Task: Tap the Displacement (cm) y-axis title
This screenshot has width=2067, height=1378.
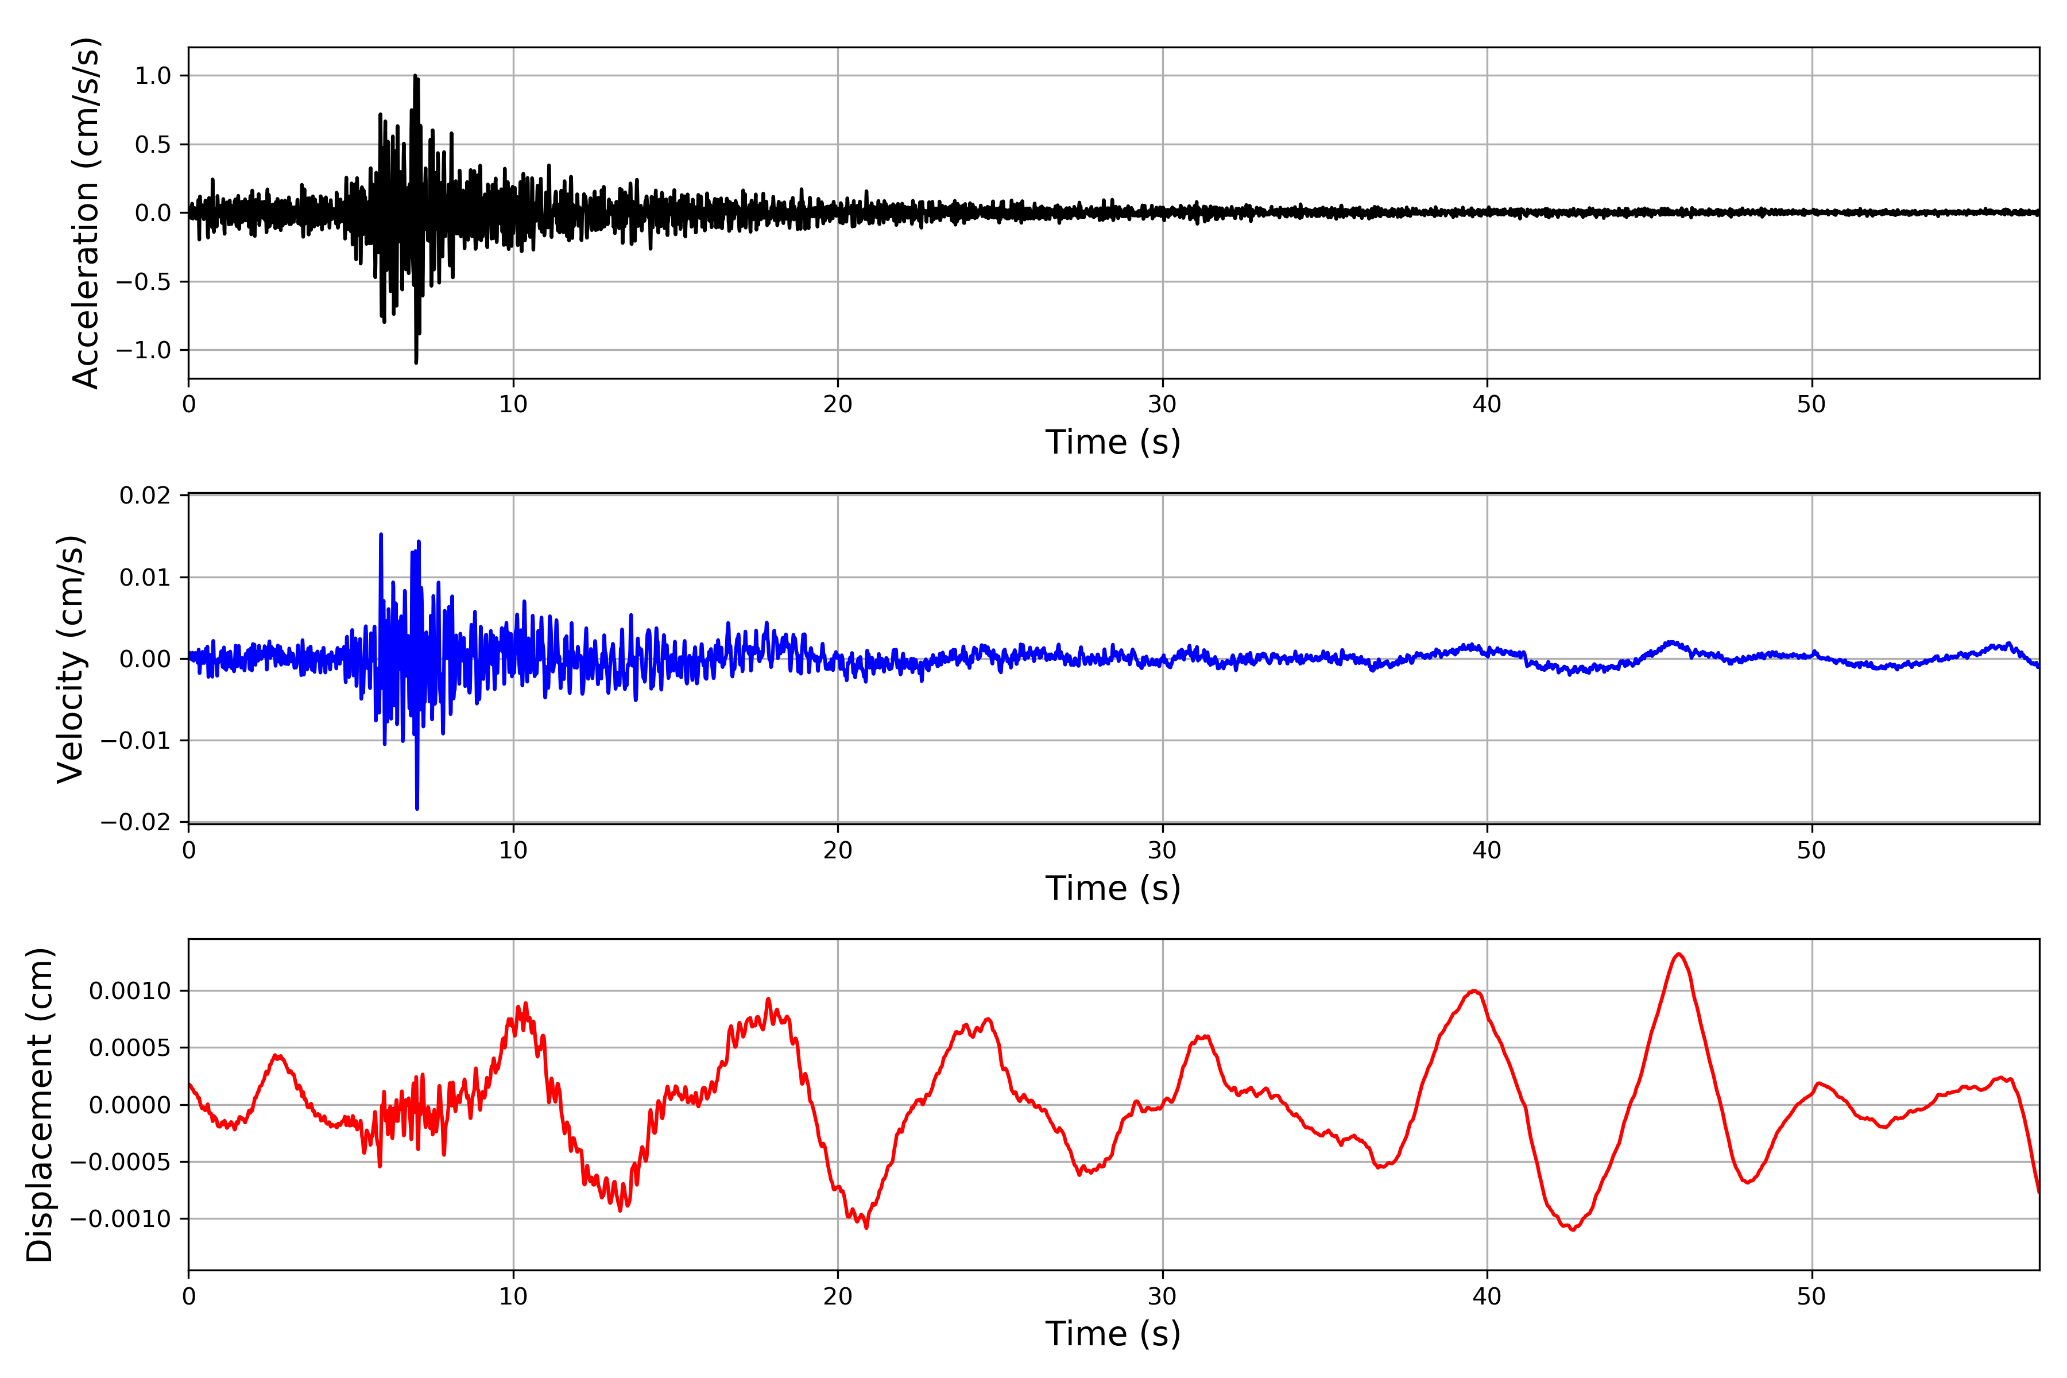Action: point(40,1105)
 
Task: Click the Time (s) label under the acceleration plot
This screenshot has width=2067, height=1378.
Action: point(1113,441)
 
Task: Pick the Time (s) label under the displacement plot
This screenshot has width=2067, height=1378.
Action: point(1113,1333)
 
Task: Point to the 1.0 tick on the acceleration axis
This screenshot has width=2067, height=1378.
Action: point(153,76)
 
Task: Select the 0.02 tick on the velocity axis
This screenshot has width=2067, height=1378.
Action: point(146,496)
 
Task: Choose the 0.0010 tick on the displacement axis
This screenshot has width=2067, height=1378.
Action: point(130,992)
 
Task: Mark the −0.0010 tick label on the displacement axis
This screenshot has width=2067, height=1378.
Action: point(121,1219)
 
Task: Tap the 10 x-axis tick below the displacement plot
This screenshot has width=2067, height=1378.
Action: point(513,1296)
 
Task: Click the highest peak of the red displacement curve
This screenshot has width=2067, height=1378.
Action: point(1678,954)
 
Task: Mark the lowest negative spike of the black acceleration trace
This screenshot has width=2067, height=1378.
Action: point(416,361)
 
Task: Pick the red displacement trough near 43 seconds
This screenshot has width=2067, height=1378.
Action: point(1572,1229)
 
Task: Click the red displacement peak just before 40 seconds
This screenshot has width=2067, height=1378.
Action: point(1474,992)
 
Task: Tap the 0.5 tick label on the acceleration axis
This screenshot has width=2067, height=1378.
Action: point(153,144)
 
